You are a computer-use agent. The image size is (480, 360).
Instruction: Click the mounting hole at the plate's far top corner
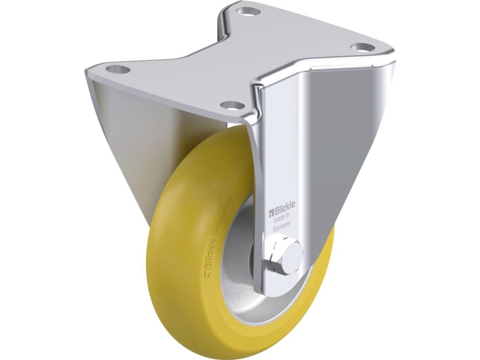click(245, 11)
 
